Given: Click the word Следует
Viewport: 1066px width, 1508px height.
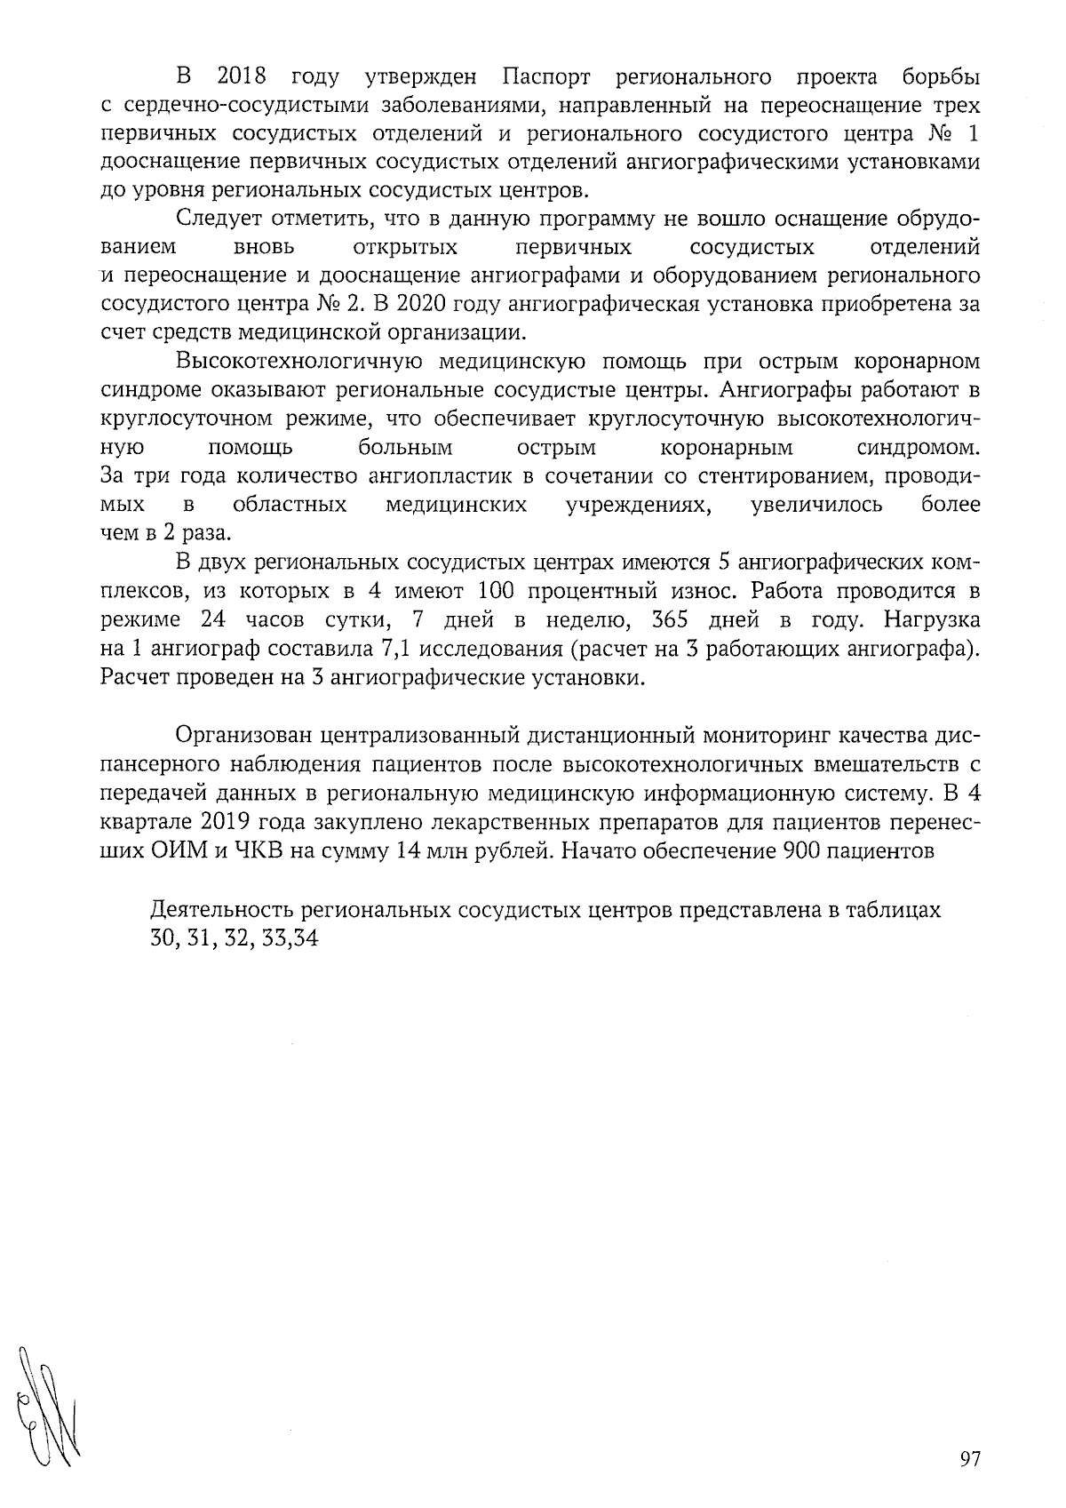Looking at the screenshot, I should (x=218, y=219).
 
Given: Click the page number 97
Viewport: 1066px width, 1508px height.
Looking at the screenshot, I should (x=970, y=1459).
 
